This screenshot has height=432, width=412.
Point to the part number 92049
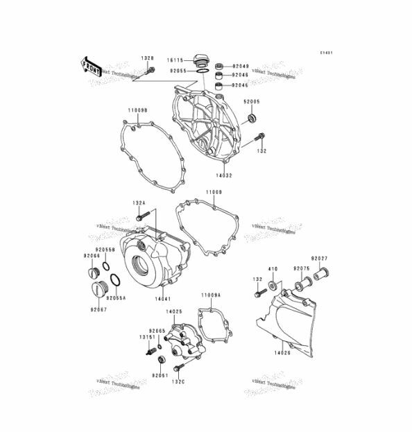click(x=240, y=62)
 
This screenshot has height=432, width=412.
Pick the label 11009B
click(x=137, y=110)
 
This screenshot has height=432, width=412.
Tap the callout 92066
click(x=92, y=256)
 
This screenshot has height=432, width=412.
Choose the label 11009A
click(x=212, y=295)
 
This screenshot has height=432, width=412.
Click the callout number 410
click(x=273, y=268)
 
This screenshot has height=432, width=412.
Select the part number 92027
click(x=320, y=259)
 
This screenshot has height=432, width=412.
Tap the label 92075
click(x=301, y=268)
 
